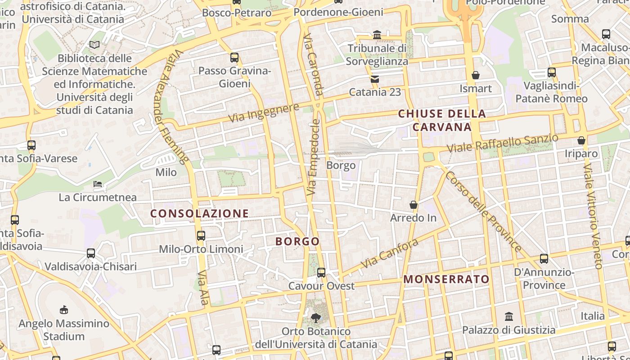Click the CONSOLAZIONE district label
click(199, 213)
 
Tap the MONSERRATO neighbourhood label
click(446, 279)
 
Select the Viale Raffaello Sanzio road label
click(503, 143)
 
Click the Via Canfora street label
click(390, 253)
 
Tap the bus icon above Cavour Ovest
click(321, 272)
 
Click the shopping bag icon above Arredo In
click(414, 205)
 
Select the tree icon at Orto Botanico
click(316, 318)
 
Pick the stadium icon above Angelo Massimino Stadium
click(64, 310)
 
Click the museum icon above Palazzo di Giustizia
click(509, 316)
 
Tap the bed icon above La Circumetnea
click(98, 184)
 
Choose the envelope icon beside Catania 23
click(374, 79)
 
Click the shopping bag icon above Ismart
click(476, 75)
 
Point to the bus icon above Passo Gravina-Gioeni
click(234, 57)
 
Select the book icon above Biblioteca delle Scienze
click(94, 45)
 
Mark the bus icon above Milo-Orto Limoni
click(201, 235)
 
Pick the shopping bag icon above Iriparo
click(581, 140)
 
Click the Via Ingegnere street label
click(264, 112)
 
